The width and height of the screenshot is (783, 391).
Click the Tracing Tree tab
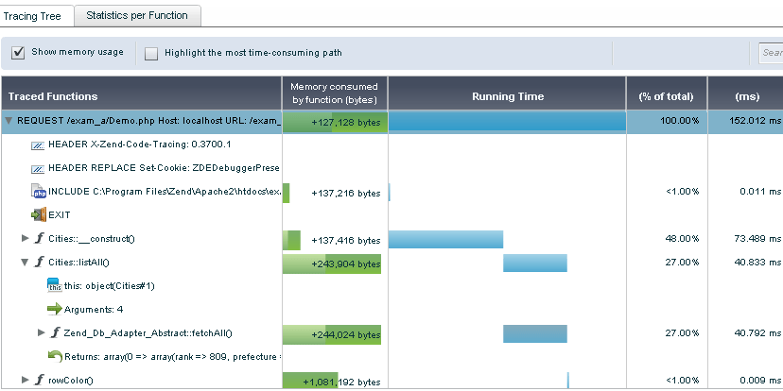(x=32, y=16)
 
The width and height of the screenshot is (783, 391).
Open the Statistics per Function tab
(x=137, y=15)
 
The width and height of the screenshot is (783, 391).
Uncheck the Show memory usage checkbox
(x=18, y=52)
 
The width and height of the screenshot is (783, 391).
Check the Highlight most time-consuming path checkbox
(x=151, y=54)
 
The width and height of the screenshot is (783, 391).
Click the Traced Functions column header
(x=53, y=96)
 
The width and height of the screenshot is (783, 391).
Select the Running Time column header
(x=508, y=96)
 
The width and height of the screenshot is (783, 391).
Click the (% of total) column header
(x=666, y=96)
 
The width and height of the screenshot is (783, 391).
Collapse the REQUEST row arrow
(x=9, y=121)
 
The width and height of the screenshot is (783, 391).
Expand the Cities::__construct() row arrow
(x=25, y=238)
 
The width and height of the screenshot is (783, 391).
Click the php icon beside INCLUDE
(x=39, y=192)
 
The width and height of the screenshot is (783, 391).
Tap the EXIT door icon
(x=39, y=215)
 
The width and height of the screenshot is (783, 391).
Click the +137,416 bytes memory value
(x=345, y=241)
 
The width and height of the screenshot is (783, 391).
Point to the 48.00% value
(x=682, y=239)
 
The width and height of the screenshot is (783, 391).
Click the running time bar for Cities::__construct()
(x=445, y=239)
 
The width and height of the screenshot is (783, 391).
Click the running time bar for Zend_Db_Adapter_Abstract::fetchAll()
(x=535, y=333)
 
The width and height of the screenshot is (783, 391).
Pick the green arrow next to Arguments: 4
(x=55, y=309)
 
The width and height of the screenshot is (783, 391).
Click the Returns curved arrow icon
(x=55, y=356)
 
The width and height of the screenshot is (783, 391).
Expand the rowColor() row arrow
(x=25, y=380)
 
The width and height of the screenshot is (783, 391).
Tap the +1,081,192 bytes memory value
(x=341, y=382)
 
